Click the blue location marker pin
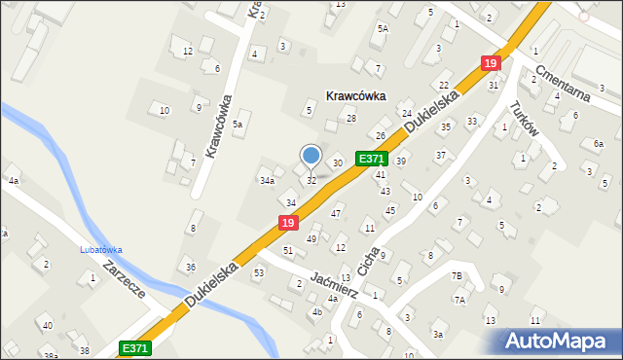point(311,156)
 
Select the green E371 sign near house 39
point(373,159)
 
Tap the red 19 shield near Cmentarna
point(491,63)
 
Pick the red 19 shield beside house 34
point(288,223)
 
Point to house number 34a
point(267,180)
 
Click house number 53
point(258,273)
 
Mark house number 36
point(191,268)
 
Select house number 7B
point(456,276)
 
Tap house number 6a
point(598,143)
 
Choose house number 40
point(47,325)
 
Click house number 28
point(351,119)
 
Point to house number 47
point(336,213)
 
